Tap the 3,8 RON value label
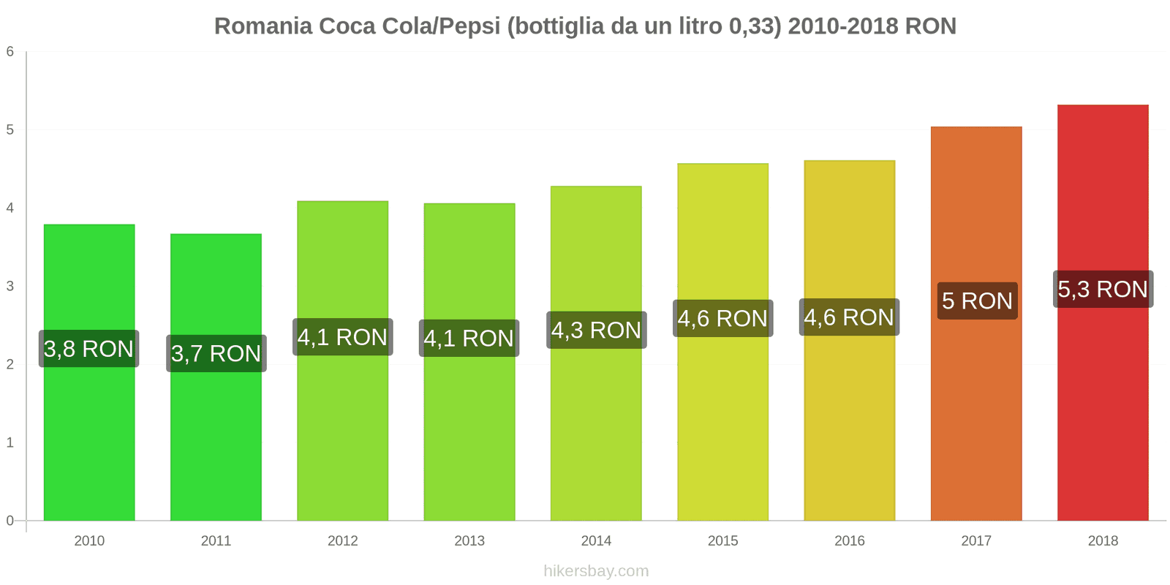89,349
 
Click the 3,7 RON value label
216,353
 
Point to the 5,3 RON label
1103,289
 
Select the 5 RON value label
977,301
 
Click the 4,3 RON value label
596,330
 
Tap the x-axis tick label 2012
342,540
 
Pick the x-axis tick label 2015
722,540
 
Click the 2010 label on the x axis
89,540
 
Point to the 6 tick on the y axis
10,51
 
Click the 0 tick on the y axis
10,521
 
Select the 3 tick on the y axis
10,286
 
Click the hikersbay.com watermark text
596,571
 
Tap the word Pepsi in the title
467,26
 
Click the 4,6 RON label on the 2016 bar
849,317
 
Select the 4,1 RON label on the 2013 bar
469,338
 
